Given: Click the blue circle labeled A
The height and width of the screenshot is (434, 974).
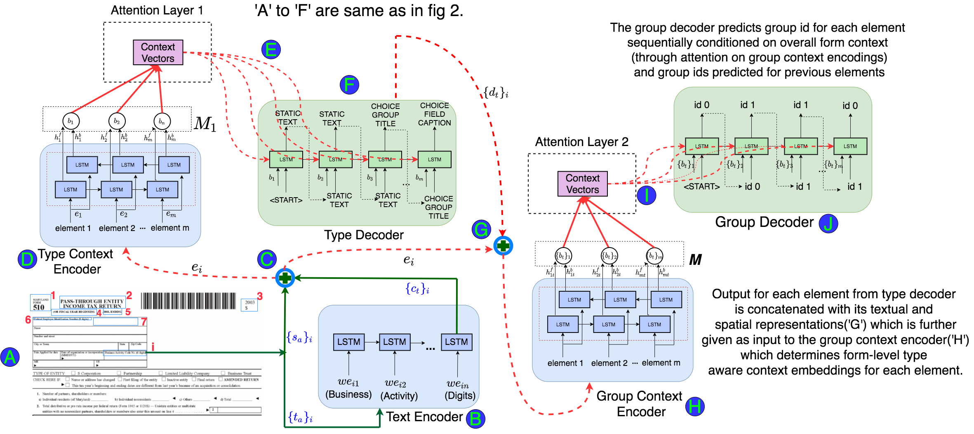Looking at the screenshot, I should point(10,357).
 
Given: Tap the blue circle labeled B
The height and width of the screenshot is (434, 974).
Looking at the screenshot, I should point(475,419).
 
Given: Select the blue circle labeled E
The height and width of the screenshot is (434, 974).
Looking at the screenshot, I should point(271,50).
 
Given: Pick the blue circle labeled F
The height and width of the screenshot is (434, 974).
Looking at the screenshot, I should point(349,85).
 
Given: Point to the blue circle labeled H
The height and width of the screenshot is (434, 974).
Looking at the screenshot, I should point(695,406).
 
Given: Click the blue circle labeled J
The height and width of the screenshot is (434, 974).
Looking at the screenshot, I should point(828,223).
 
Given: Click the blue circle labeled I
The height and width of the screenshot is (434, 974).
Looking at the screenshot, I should point(646,195).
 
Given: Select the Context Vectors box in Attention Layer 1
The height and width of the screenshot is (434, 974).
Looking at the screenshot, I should point(158,52).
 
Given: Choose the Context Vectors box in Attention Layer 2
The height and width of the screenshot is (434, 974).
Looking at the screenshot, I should point(582,184).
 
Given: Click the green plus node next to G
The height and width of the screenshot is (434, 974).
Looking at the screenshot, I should point(503,246).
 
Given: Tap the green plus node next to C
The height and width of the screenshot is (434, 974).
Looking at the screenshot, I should point(285,278).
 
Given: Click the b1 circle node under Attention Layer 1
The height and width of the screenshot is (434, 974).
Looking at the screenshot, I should point(71,121).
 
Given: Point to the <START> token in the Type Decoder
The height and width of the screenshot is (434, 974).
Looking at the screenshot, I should point(286,200).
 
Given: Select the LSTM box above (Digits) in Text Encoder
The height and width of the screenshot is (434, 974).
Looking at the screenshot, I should point(456,342).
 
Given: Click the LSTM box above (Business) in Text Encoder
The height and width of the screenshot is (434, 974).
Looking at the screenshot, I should point(348,342).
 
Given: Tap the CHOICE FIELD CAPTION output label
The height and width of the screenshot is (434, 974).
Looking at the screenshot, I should point(434,114).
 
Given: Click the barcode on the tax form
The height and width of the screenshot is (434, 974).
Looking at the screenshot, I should point(188,301).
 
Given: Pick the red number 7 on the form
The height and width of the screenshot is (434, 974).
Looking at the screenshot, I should point(144,322).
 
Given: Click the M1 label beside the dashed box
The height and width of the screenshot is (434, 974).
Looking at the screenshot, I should point(205,123).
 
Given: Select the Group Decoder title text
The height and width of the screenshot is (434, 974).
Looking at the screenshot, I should point(764,222).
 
